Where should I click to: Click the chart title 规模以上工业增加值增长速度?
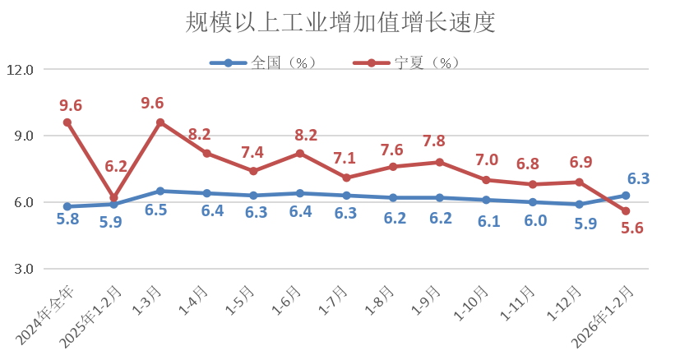pos(340,22)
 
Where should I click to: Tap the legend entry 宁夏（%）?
pos(414,62)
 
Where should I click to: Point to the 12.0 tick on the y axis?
pos(20,70)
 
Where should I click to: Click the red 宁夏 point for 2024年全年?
pos(67,122)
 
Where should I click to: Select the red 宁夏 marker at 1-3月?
pos(160,122)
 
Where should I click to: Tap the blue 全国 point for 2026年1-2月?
pos(626,196)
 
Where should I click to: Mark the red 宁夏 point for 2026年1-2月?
pos(626,211)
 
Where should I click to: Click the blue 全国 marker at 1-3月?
pos(160,191)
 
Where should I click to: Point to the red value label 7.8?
pos(440,141)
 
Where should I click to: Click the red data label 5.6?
pos(632,229)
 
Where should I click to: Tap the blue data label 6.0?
pos(533,220)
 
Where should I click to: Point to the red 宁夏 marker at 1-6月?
pos(300,154)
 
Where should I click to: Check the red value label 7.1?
pos(346,158)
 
